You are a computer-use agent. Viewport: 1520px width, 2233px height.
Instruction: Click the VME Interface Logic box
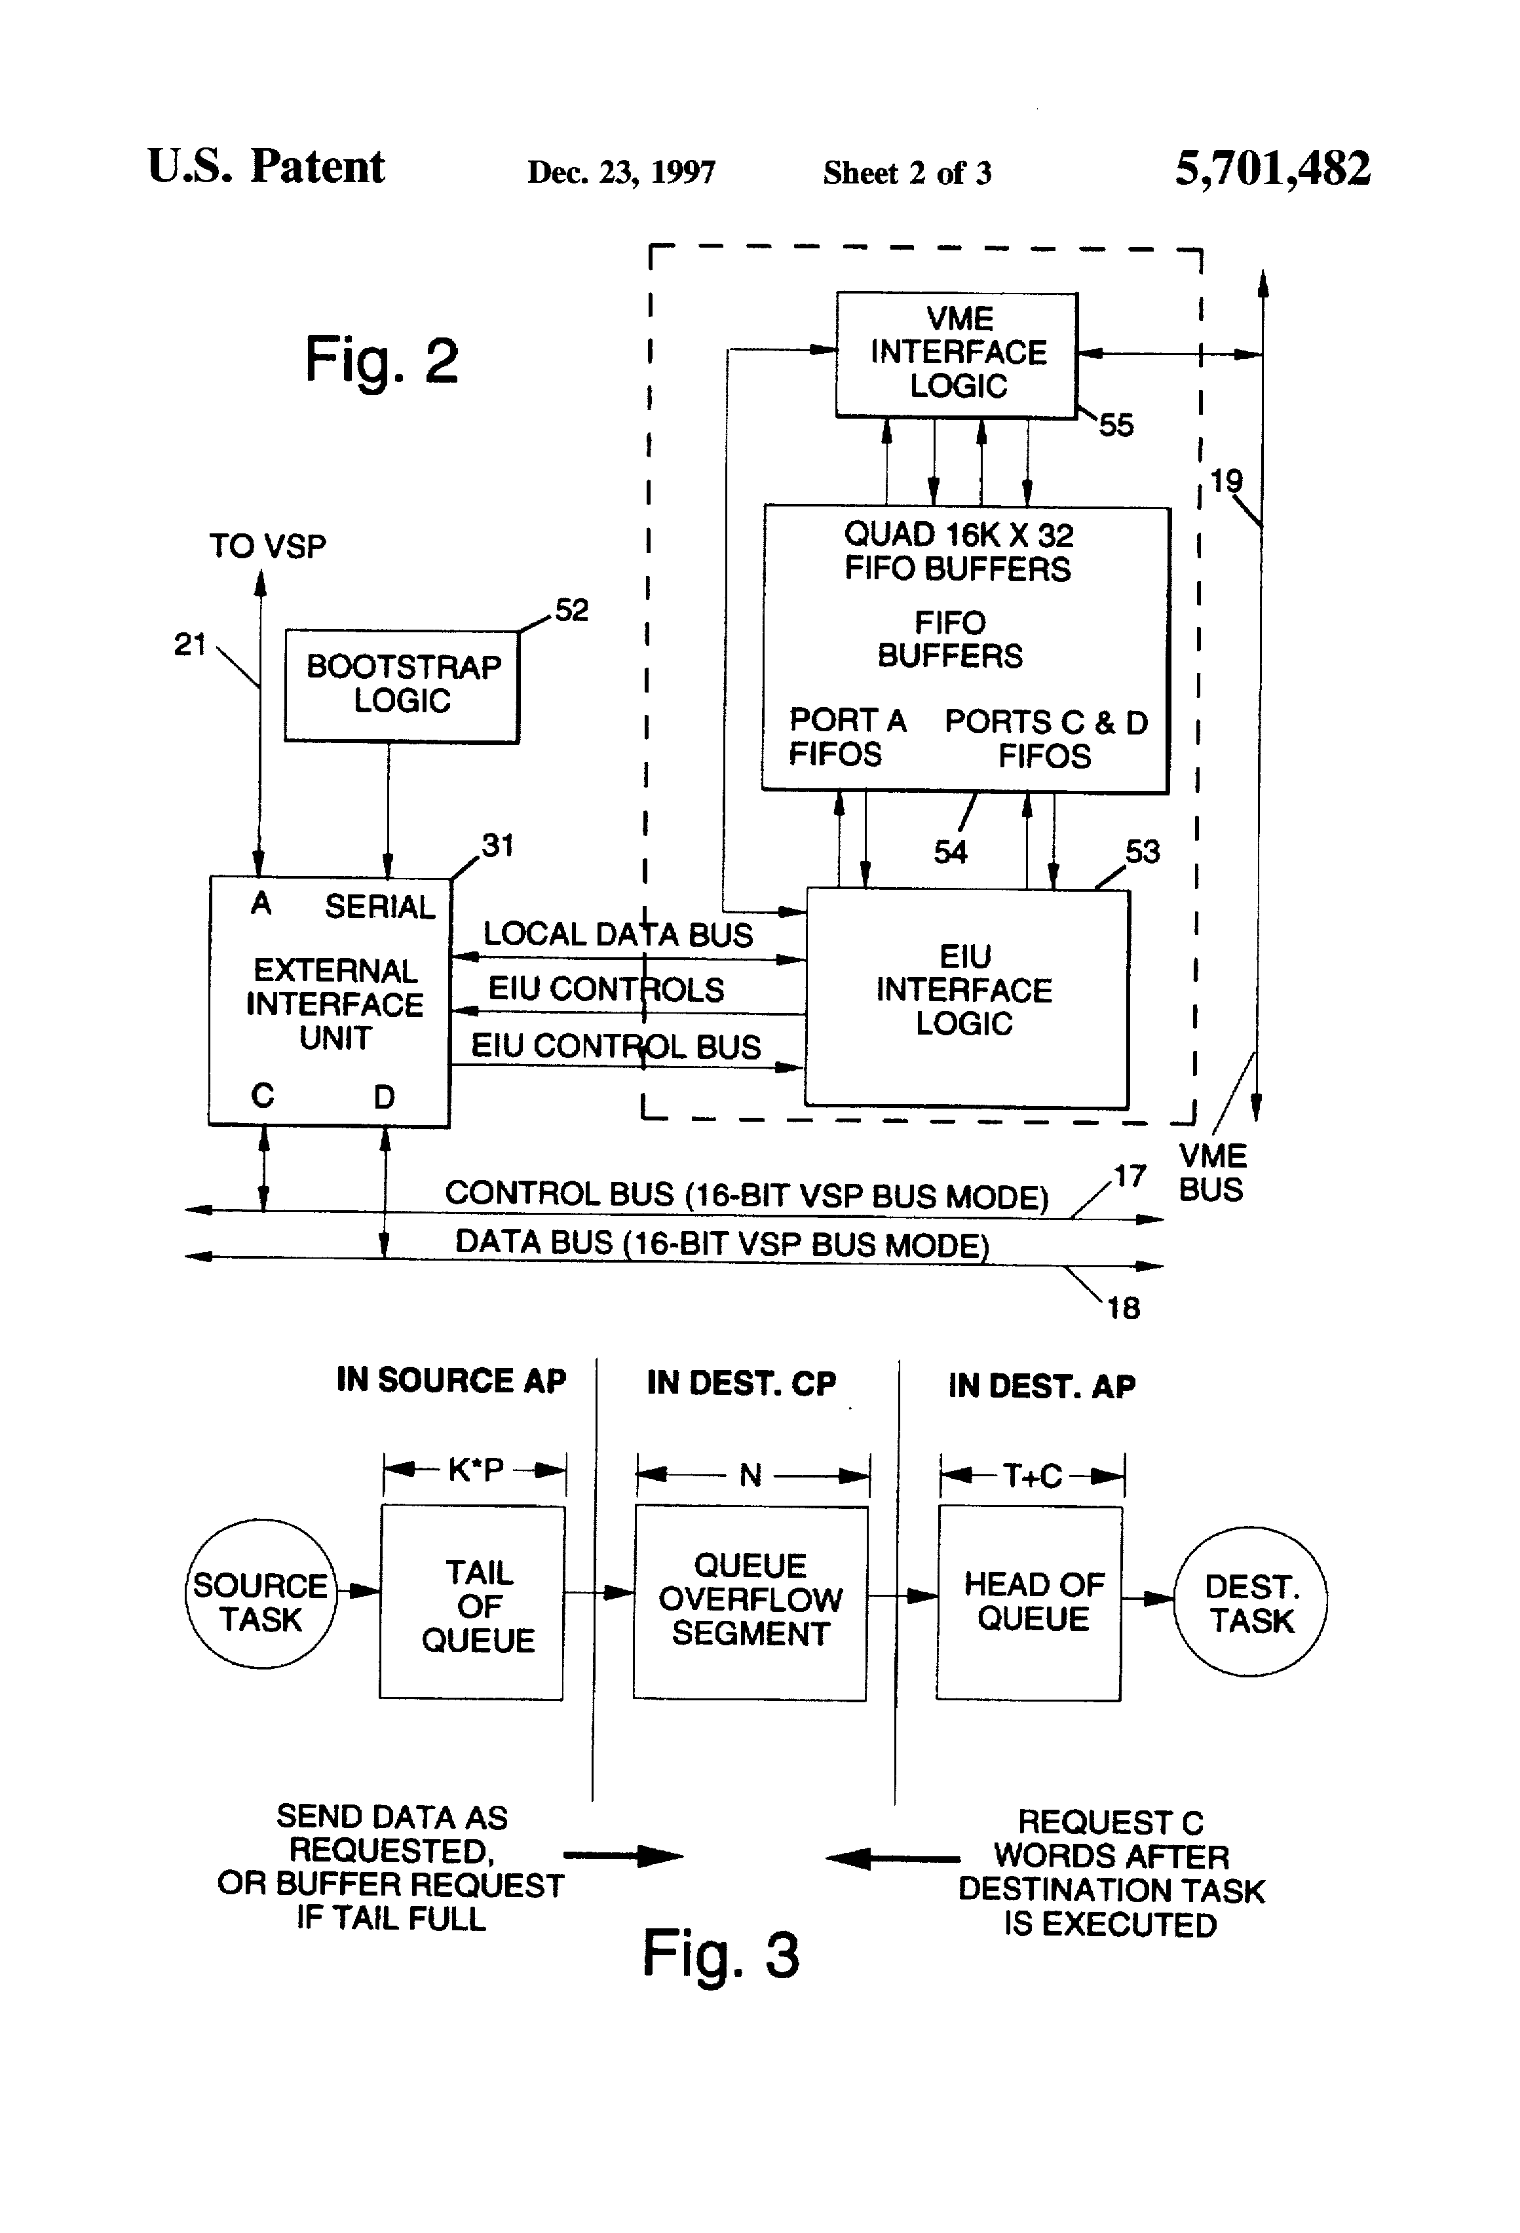(x=957, y=354)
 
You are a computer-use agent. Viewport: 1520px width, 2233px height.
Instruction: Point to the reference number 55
(x=1116, y=425)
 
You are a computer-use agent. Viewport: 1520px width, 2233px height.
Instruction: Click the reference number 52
(x=572, y=610)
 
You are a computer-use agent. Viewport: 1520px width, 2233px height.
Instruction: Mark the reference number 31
(x=498, y=845)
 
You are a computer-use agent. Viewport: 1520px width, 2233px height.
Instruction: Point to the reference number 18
(x=1123, y=1308)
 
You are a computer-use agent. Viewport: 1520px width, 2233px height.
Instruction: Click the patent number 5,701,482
(x=1272, y=169)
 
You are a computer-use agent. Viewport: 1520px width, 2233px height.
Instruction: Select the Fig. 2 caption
(x=381, y=361)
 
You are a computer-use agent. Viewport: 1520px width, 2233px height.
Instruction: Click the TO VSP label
(x=268, y=546)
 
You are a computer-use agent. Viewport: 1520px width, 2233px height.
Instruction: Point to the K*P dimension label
(x=476, y=1469)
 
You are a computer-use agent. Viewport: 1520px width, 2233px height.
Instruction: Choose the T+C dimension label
(x=1032, y=1475)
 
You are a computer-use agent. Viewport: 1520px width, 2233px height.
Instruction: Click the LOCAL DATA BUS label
(x=617, y=934)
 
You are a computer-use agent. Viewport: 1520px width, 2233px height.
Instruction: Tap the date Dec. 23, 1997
(x=620, y=173)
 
